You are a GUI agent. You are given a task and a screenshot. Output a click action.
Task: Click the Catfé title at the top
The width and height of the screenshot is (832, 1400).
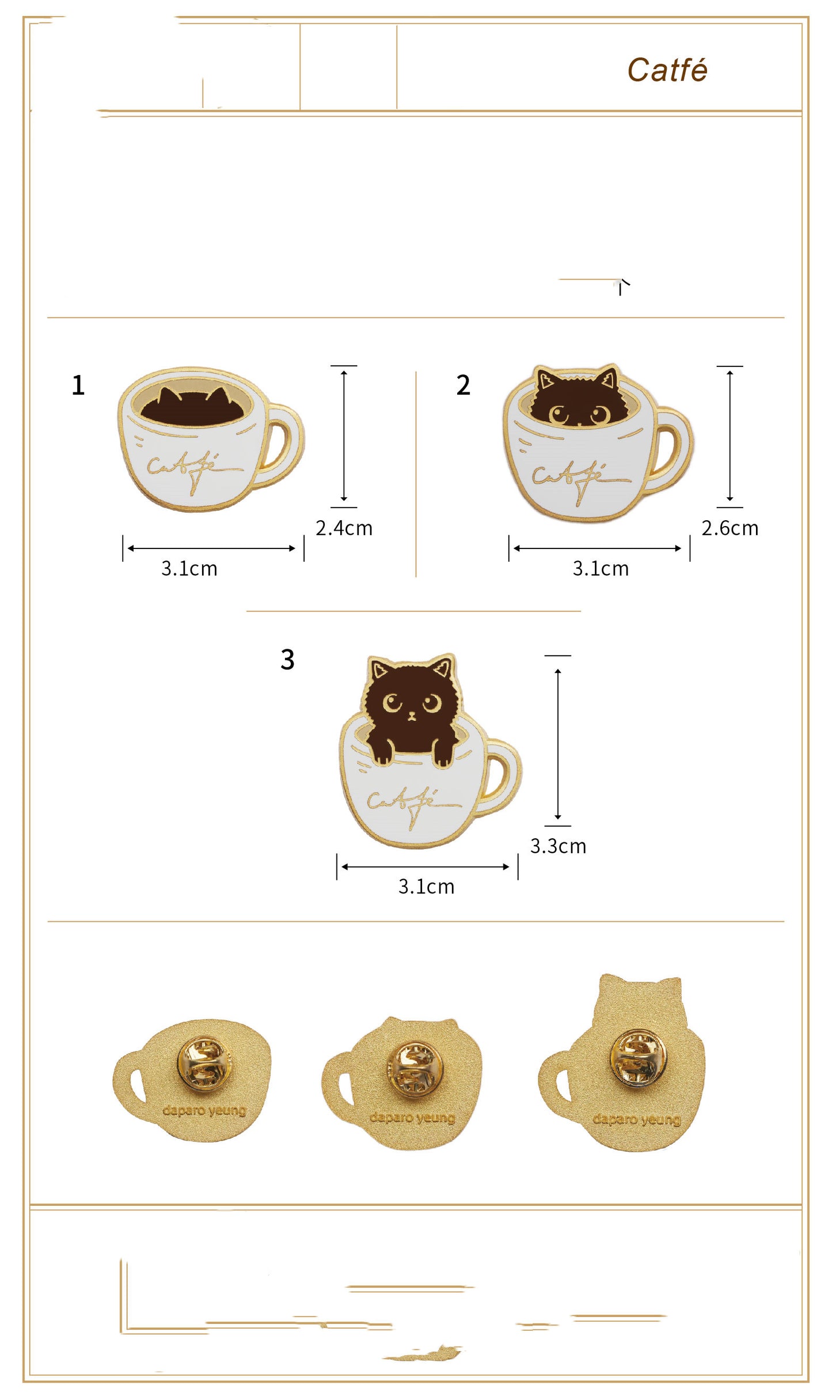pos(667,70)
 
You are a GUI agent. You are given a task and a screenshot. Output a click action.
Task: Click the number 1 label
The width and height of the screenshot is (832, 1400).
pos(78,385)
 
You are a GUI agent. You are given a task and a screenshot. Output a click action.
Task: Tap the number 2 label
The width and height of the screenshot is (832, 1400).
pos(463,385)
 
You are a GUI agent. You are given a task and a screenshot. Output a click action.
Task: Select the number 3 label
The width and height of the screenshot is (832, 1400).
pos(287,659)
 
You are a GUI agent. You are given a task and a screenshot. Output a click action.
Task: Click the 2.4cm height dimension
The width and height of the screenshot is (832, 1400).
pos(344,528)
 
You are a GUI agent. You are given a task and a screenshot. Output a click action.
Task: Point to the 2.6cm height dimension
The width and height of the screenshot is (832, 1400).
pos(730,528)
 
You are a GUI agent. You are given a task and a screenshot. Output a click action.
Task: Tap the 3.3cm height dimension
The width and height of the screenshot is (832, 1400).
pos(558,846)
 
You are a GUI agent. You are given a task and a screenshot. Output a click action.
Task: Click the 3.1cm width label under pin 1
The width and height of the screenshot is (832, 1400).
pos(189,569)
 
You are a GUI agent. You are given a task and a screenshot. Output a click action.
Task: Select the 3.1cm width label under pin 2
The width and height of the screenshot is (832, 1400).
pos(600,569)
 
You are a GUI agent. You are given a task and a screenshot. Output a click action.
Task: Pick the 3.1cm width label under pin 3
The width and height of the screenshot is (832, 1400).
pos(426,887)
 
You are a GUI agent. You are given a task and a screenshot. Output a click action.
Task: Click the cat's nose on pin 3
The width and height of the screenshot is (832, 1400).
pos(412,716)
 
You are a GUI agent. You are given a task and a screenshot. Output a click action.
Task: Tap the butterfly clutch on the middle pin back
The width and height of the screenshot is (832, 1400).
pos(415,1067)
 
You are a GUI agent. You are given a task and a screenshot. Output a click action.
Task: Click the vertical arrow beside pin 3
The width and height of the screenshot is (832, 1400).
pos(557,744)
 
